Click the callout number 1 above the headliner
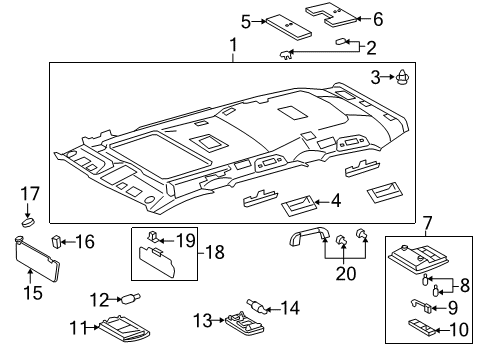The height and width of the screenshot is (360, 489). tap(233, 46)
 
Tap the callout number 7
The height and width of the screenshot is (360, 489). tap(427, 222)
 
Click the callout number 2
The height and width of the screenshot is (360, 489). tap(371, 47)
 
